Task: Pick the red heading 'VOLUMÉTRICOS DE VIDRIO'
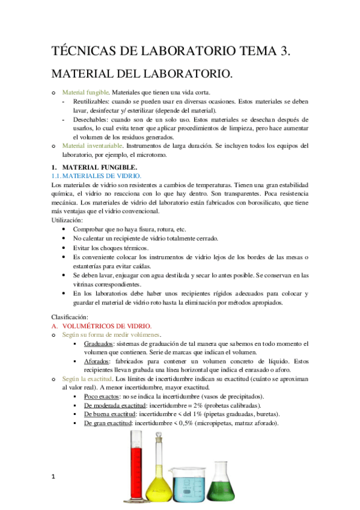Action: coord(103,325)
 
